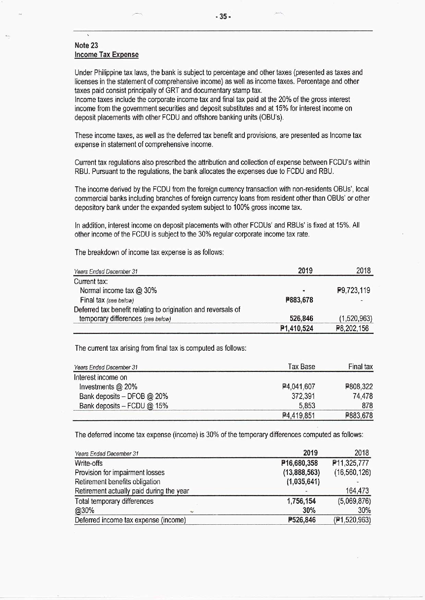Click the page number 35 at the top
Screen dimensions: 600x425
(x=223, y=16)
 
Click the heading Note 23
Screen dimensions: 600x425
(x=86, y=45)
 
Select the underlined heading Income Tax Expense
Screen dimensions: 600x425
(x=107, y=54)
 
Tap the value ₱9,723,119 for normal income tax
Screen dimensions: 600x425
(x=354, y=290)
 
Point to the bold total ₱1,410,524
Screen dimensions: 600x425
(x=296, y=328)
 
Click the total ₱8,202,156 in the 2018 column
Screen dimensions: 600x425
(x=352, y=328)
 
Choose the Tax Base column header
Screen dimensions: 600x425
(x=301, y=366)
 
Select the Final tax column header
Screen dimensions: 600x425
(x=360, y=366)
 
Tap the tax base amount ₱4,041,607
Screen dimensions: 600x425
(x=299, y=387)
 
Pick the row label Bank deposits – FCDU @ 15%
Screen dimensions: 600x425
(x=124, y=406)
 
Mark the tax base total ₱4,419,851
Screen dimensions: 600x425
(x=299, y=416)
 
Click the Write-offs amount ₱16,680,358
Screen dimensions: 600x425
(x=300, y=463)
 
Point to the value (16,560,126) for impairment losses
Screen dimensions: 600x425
(x=353, y=473)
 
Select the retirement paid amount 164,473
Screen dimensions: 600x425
(x=357, y=491)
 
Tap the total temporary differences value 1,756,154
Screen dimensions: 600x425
(x=301, y=501)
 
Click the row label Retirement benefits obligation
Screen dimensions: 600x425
(x=118, y=482)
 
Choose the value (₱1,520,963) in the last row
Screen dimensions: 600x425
(x=352, y=520)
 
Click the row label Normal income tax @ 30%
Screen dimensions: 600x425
(x=118, y=290)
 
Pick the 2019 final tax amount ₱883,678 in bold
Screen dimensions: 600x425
(x=299, y=300)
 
